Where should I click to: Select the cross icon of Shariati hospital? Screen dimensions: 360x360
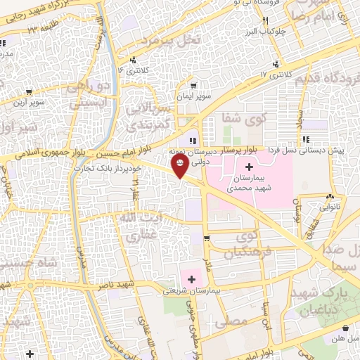(x=191, y=278)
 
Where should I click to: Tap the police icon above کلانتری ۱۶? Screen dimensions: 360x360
(x=135, y=59)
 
